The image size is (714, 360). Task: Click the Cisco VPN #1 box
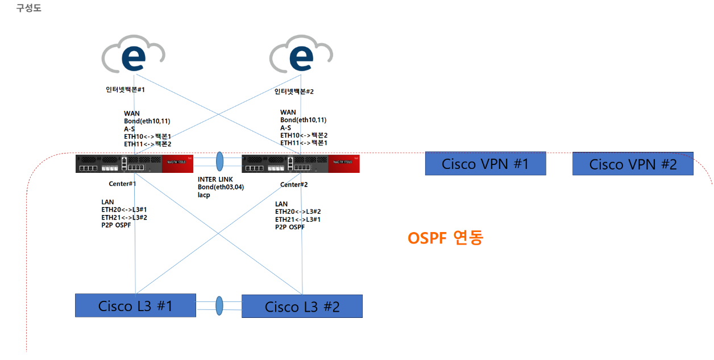click(x=485, y=163)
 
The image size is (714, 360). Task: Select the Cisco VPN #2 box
click(x=633, y=163)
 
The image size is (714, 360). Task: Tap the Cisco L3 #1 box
click(x=135, y=305)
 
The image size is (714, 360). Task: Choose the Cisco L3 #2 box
click(x=302, y=306)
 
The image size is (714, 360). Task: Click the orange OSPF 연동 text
click(x=445, y=238)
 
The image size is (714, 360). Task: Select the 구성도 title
click(x=28, y=8)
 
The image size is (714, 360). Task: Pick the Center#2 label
click(x=294, y=185)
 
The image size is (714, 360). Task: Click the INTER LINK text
click(x=215, y=179)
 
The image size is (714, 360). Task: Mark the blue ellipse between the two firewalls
click(x=220, y=162)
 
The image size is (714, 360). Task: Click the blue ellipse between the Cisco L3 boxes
click(x=219, y=305)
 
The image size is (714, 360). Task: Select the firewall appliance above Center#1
click(x=134, y=164)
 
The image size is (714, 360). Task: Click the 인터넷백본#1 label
click(x=126, y=90)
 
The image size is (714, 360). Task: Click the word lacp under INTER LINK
click(x=204, y=195)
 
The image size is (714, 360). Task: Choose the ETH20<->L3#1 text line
click(x=124, y=209)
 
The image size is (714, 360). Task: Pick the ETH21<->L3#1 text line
click(x=298, y=220)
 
